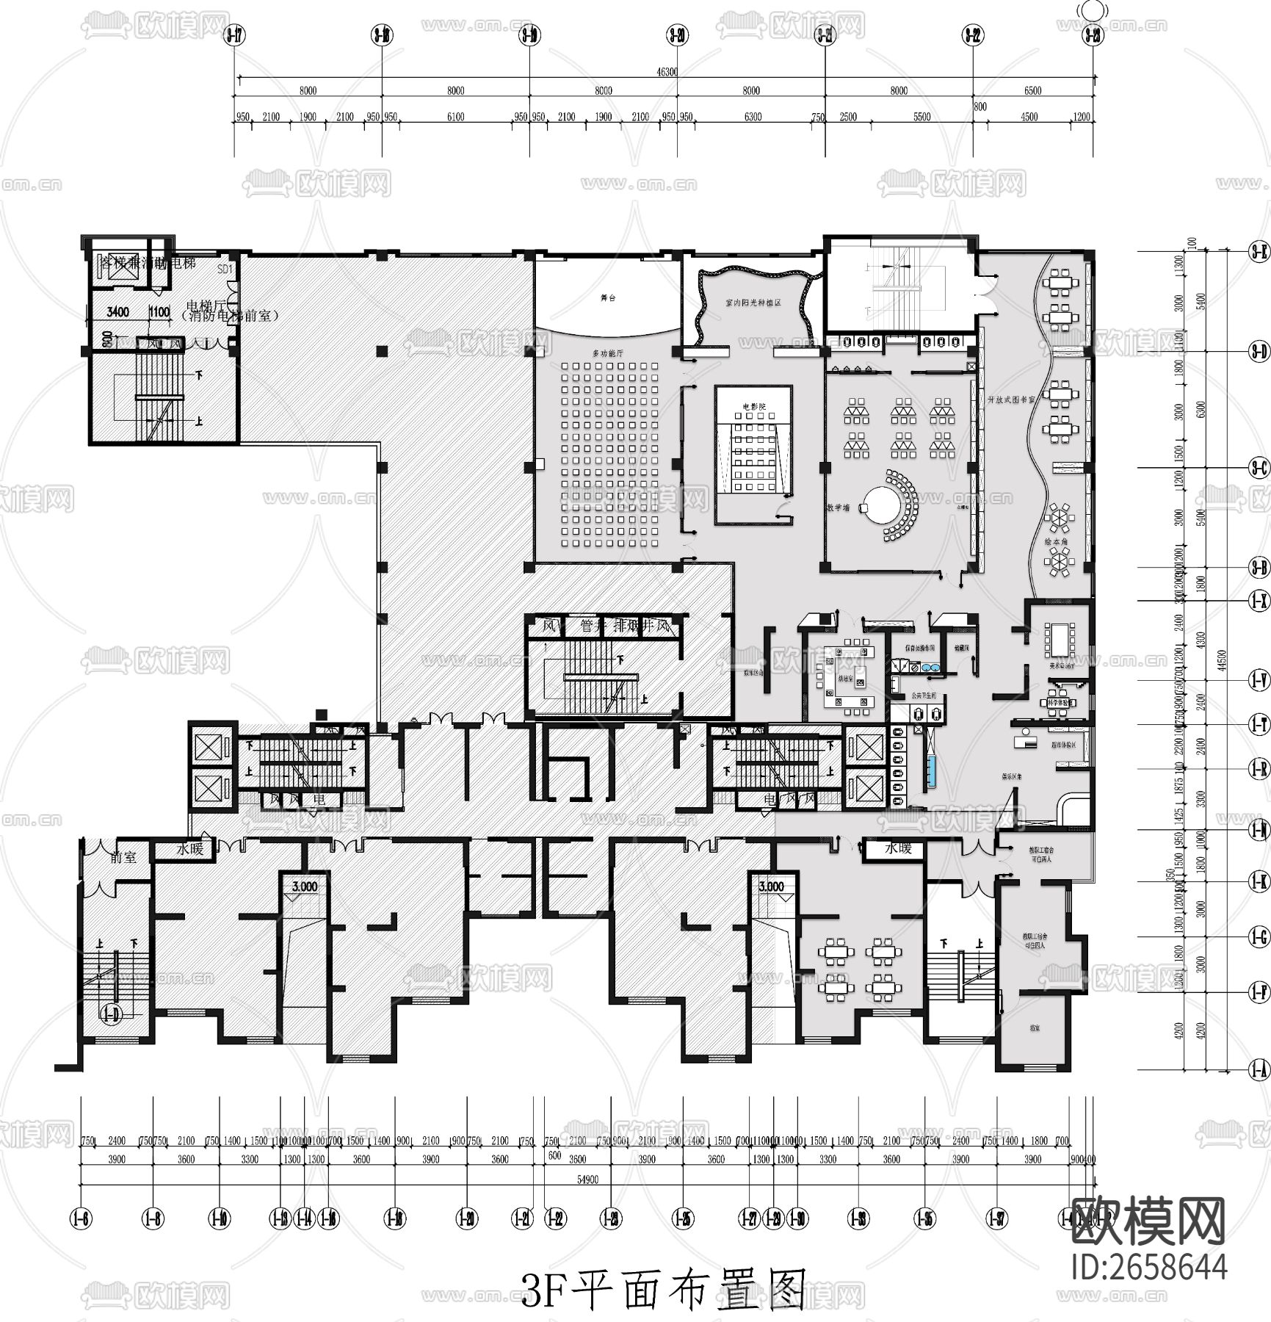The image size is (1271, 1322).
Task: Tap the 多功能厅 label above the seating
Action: click(607, 353)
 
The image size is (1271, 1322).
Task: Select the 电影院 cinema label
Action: click(753, 406)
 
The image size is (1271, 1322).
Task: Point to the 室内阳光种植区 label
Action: click(753, 303)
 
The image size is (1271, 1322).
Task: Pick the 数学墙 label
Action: click(838, 508)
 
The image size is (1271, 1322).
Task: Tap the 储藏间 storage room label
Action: click(962, 648)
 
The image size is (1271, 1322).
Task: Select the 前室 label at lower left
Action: click(123, 857)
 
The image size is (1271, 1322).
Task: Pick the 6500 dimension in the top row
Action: click(1032, 91)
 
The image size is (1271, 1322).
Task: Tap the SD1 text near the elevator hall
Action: click(225, 270)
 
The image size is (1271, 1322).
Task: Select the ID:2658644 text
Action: click(1149, 1267)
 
